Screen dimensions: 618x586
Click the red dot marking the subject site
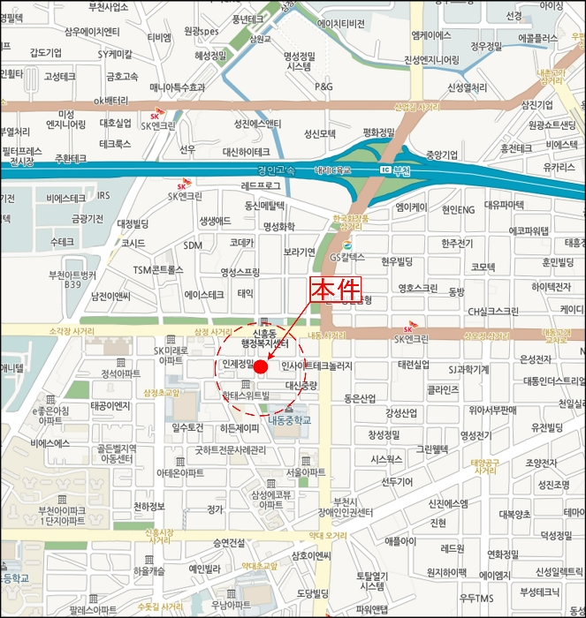[261, 366]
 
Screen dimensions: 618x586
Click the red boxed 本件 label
[335, 290]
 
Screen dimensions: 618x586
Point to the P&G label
[323, 87]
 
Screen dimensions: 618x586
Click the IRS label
[104, 195]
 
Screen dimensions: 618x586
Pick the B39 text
[72, 285]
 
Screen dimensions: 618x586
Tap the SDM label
[193, 245]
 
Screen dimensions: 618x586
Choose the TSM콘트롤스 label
[158, 268]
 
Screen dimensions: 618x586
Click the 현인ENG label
[458, 209]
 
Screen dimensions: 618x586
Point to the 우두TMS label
[476, 598]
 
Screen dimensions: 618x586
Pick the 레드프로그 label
[262, 186]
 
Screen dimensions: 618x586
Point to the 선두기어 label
[397, 481]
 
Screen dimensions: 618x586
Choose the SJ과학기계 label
[469, 369]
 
